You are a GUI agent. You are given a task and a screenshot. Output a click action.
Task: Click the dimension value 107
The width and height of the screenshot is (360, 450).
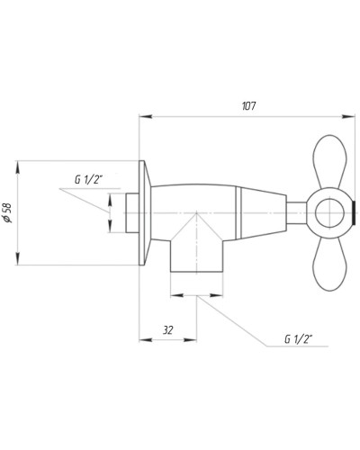(249, 106)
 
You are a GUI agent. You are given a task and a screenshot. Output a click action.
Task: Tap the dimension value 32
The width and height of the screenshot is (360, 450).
(167, 330)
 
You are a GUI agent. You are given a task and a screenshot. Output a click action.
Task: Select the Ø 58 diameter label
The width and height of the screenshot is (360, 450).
(8, 213)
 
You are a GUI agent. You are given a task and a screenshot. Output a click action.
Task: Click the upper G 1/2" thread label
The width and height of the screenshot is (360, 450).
(90, 179)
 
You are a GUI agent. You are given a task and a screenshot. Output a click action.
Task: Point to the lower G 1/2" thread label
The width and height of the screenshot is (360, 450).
(298, 339)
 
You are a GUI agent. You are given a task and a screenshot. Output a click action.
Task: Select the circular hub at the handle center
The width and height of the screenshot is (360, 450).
(329, 214)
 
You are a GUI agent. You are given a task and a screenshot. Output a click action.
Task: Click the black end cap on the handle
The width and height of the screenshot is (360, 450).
(355, 214)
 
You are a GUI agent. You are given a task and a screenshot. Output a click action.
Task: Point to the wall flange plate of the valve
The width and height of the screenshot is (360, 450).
(143, 213)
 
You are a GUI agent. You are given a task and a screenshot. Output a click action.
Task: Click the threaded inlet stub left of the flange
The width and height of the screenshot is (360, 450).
(131, 213)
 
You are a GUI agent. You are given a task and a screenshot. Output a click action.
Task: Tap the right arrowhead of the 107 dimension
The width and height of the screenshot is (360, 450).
(352, 116)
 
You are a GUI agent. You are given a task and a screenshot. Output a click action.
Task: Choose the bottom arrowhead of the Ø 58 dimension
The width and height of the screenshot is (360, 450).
(19, 262)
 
